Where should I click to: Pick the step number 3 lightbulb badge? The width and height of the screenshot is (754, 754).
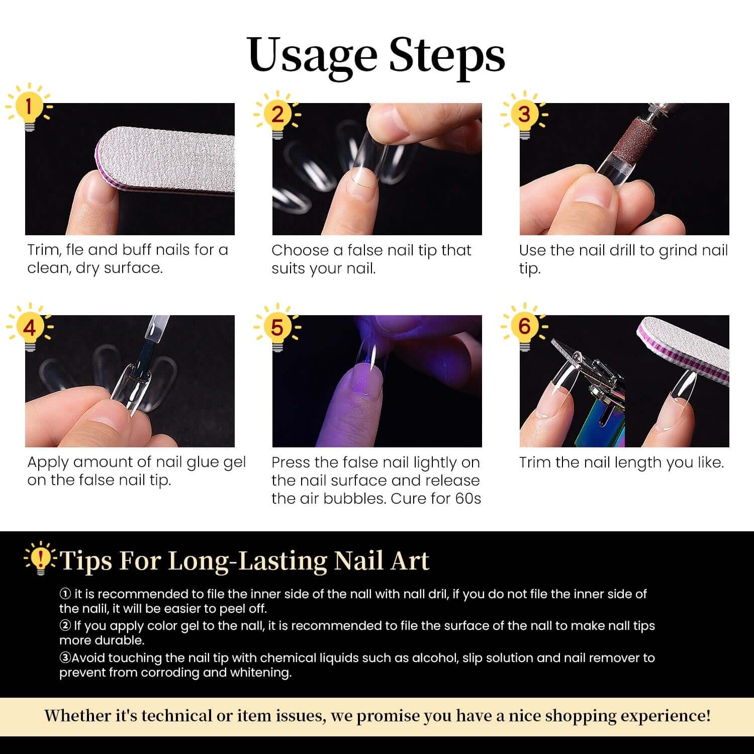tap(524, 115)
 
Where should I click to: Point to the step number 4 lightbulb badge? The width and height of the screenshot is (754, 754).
tap(30, 328)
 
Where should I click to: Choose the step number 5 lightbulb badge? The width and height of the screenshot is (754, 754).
tap(277, 328)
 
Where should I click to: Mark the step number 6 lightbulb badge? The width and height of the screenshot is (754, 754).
tap(524, 328)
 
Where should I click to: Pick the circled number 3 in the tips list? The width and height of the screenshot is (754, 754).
tap(65, 658)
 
